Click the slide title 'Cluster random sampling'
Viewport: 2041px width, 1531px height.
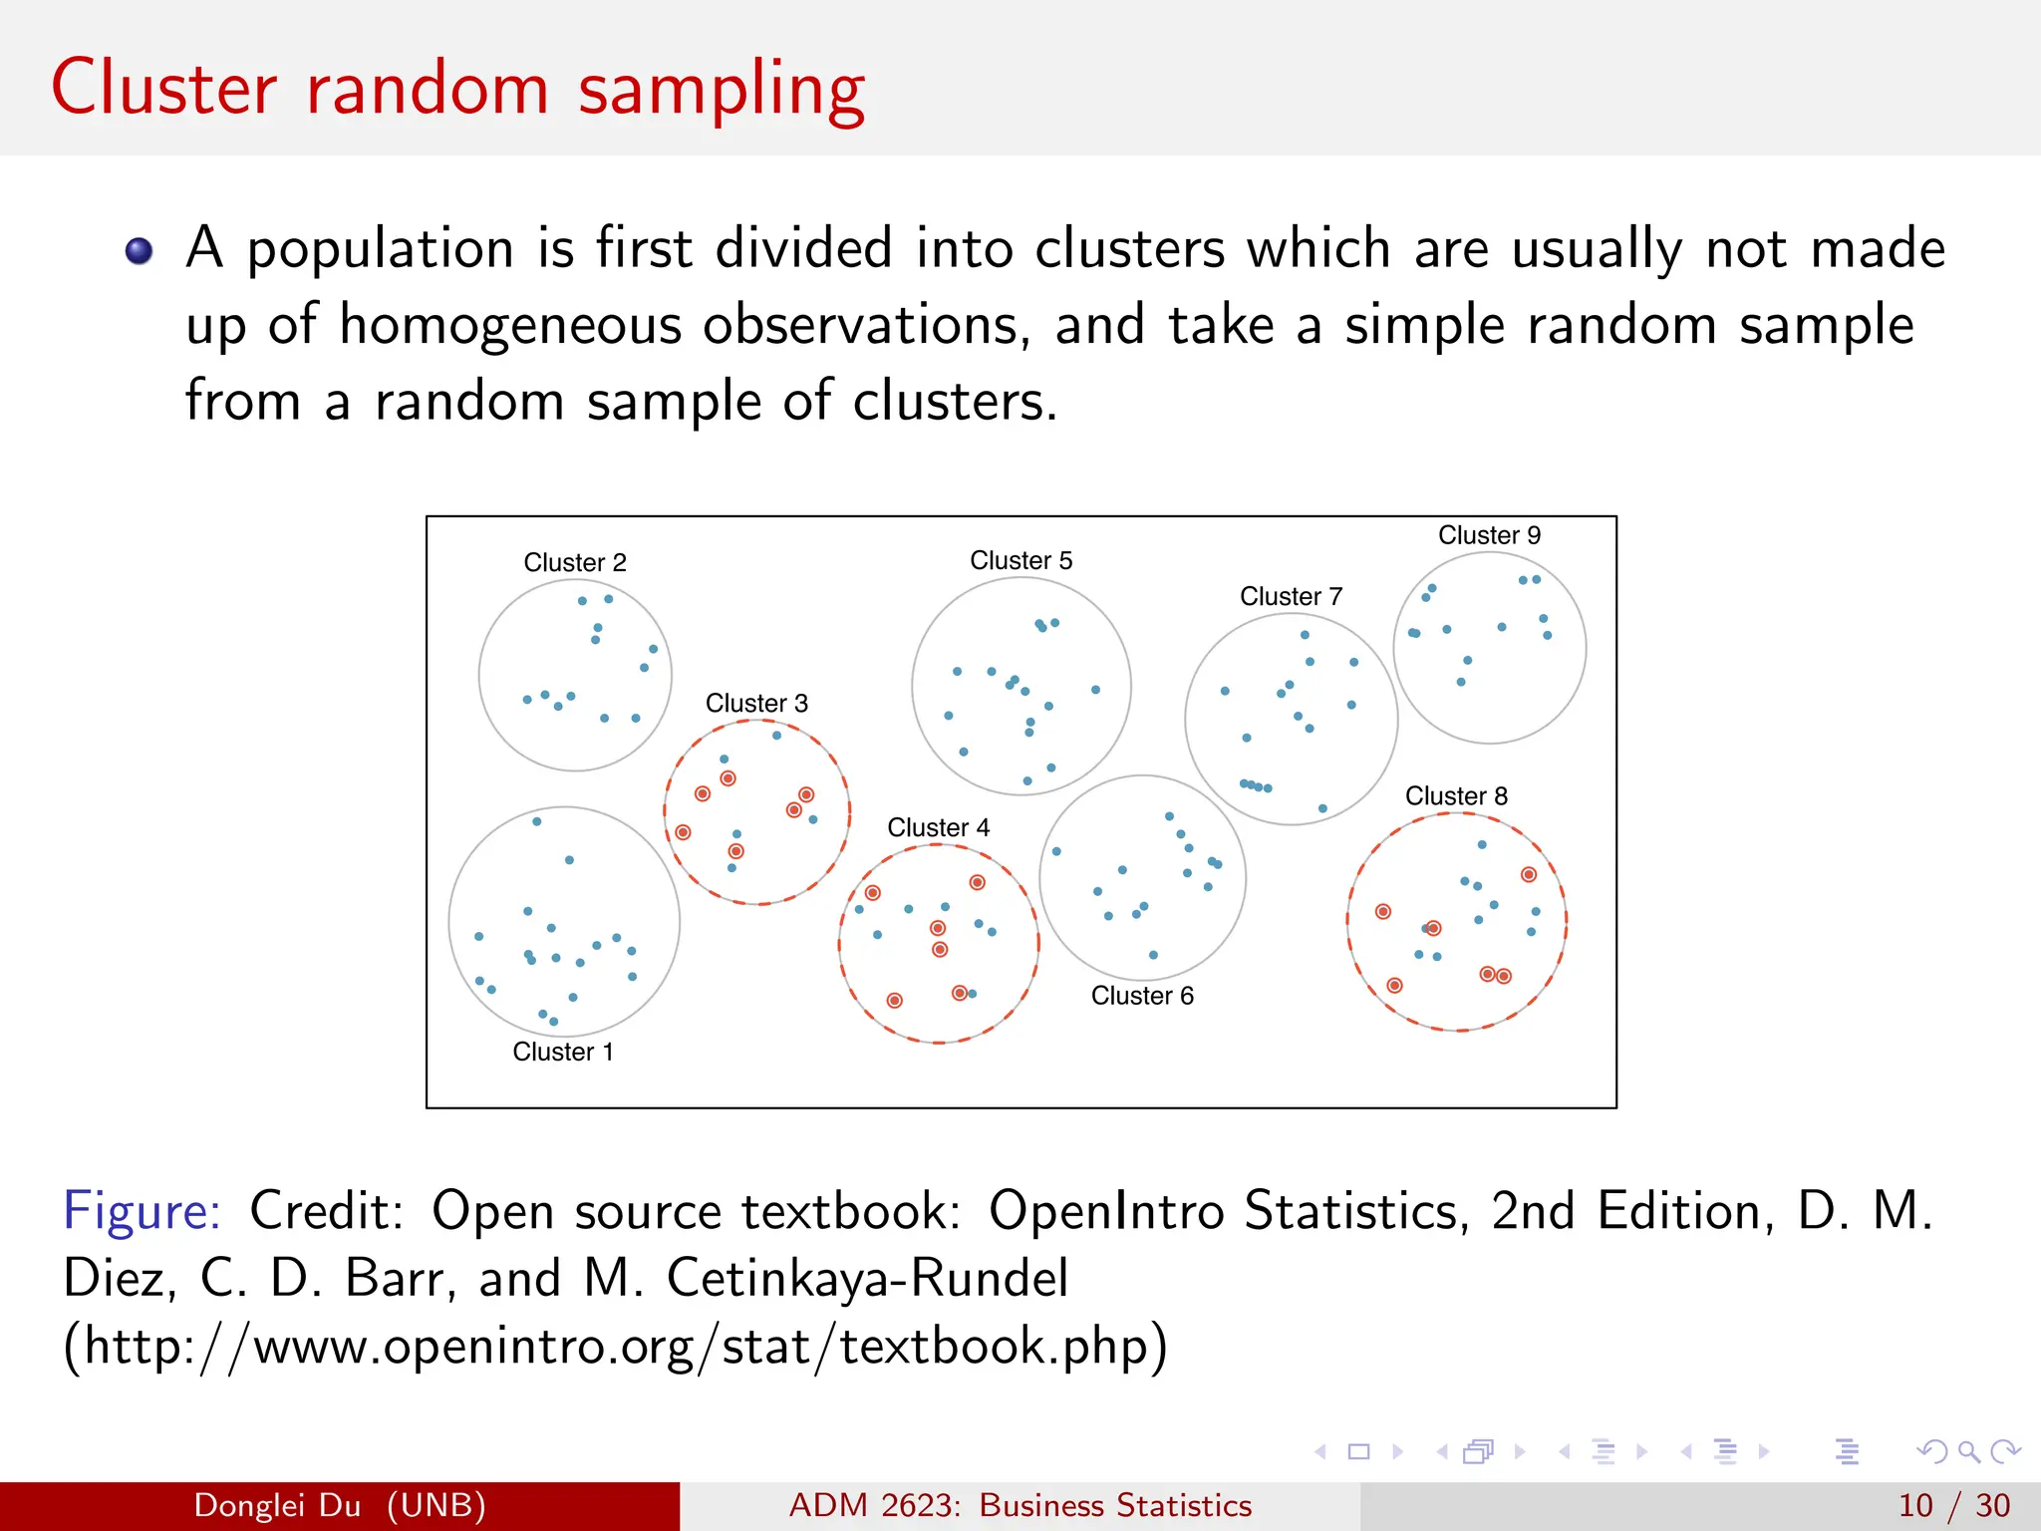tap(457, 90)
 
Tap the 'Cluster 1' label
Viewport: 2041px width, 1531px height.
tap(563, 1052)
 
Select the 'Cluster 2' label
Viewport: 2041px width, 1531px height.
tap(575, 562)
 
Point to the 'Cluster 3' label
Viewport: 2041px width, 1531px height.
tap(756, 703)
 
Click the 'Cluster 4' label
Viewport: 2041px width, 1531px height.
tap(938, 827)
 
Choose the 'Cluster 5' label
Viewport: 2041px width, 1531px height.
tap(1020, 560)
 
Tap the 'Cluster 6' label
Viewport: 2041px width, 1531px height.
tap(1142, 995)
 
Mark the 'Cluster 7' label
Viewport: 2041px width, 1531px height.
tap(1291, 596)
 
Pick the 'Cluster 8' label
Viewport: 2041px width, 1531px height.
tap(1456, 795)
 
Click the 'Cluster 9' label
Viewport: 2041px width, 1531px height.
tap(1489, 535)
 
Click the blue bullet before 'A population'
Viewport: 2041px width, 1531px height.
tap(140, 250)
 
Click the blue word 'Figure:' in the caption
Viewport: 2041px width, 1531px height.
tap(142, 1211)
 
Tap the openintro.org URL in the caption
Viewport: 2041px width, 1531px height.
tap(615, 1347)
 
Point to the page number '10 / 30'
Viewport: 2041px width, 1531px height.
tap(1953, 1505)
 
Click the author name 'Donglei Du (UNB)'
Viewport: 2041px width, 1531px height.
tap(340, 1505)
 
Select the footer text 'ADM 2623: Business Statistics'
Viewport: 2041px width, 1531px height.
tap(1020, 1505)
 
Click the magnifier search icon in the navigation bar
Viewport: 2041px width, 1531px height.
tap(1968, 1451)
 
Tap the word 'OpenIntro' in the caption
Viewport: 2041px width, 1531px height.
tap(1105, 1211)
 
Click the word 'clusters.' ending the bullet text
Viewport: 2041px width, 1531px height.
tap(954, 402)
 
